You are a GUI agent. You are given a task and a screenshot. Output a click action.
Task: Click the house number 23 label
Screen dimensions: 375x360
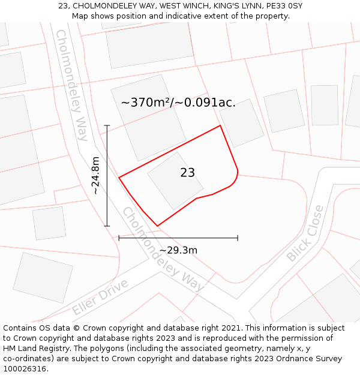(187, 173)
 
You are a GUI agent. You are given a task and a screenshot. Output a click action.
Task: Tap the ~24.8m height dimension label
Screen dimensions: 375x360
(95, 175)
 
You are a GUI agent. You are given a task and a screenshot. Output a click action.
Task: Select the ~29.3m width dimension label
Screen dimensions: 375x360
(178, 250)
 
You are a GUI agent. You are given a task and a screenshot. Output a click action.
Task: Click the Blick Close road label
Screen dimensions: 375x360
(305, 233)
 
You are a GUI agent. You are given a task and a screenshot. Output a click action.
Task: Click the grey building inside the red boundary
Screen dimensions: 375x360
(175, 181)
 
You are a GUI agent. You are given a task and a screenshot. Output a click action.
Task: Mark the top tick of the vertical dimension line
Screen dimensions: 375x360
(107, 125)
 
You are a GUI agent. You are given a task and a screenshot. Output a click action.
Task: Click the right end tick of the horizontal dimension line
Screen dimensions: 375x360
(238, 238)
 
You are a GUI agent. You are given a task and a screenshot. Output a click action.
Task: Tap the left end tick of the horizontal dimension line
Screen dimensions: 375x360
(119, 238)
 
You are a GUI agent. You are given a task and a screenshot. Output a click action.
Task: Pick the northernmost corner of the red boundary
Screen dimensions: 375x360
(220, 125)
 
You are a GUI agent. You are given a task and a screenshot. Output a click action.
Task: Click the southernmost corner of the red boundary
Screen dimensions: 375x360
(157, 226)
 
